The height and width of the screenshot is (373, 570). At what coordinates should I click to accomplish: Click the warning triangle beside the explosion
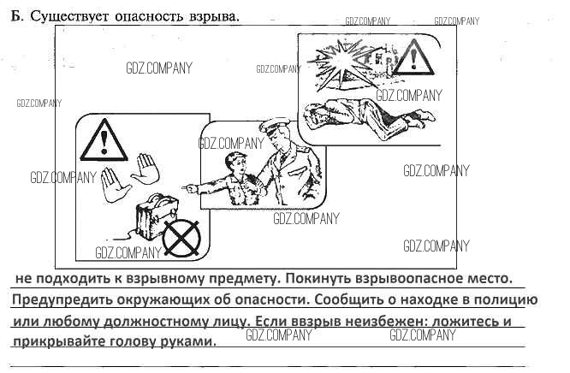[413, 58]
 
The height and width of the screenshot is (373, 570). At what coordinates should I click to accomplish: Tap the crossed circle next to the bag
[181, 238]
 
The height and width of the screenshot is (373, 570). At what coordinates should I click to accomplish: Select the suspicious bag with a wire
[157, 216]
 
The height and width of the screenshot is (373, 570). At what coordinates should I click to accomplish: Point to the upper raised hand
[146, 169]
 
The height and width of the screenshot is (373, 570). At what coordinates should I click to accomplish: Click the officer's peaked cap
[273, 126]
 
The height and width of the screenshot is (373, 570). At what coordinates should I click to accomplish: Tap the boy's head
[235, 164]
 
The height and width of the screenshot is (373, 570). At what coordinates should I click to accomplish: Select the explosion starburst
[340, 62]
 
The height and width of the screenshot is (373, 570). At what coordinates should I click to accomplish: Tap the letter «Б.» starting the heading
[17, 16]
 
